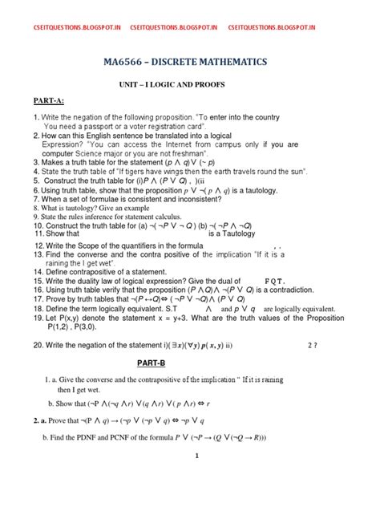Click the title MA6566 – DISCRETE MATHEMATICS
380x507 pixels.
click(190, 62)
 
